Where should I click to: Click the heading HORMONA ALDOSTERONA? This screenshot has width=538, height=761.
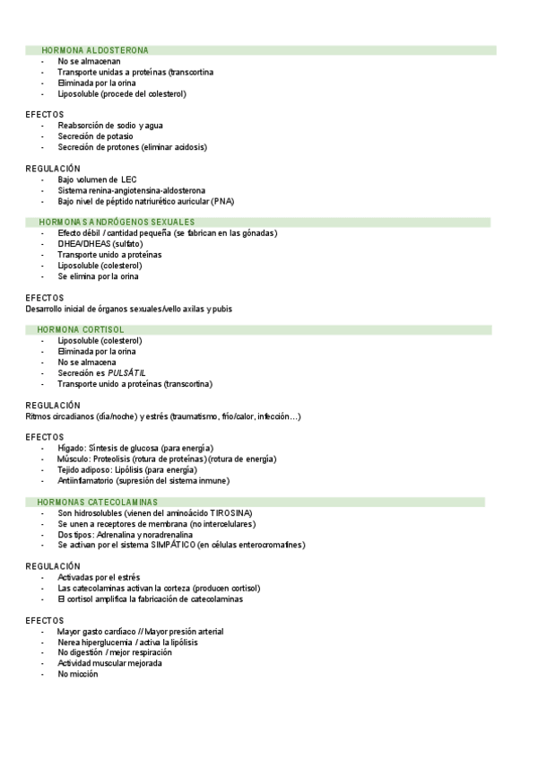[x=94, y=50]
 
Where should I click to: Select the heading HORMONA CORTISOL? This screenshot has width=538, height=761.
[x=80, y=330]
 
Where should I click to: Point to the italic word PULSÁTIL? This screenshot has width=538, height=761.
[x=126, y=373]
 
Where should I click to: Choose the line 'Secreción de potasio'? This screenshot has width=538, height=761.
[x=95, y=136]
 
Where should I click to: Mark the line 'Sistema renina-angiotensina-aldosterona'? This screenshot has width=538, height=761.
[x=131, y=190]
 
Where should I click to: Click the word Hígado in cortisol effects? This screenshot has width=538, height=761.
[x=71, y=448]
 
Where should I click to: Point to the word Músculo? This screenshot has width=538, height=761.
[x=73, y=459]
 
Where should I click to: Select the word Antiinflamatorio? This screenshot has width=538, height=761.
[x=86, y=480]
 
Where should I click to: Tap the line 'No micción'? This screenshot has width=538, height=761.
[x=78, y=674]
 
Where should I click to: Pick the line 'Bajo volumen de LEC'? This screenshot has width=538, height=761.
[x=97, y=179]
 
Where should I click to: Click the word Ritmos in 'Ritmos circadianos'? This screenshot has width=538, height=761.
[x=38, y=416]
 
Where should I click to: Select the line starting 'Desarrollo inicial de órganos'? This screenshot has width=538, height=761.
[x=128, y=309]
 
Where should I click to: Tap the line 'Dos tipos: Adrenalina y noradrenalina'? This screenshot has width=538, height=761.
[x=125, y=534]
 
